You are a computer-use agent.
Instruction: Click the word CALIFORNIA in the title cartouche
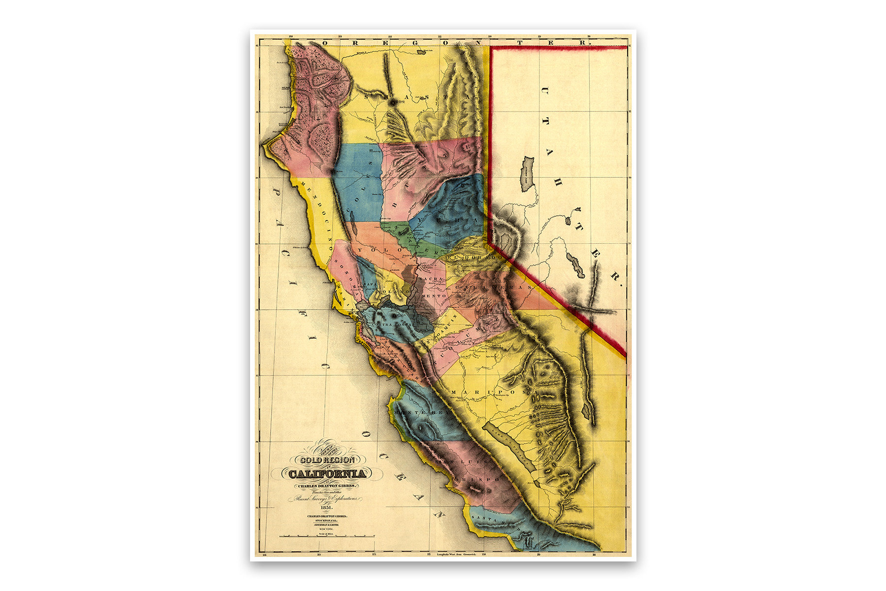[327, 474]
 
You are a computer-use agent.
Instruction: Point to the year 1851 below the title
[326, 508]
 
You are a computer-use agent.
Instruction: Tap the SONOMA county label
[345, 272]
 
